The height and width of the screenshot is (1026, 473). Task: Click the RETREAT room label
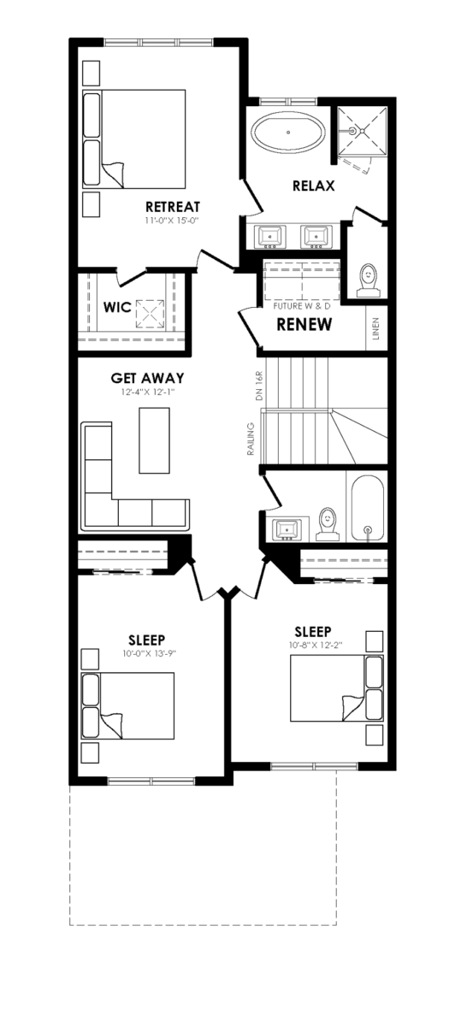pos(173,207)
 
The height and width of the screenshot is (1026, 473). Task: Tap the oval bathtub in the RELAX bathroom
pos(288,132)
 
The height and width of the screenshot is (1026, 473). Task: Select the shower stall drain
pos(362,131)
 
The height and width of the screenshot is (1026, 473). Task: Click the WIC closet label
pos(117,307)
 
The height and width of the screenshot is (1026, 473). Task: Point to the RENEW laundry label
pos(304,324)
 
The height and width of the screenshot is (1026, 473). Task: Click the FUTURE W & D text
pos(302,306)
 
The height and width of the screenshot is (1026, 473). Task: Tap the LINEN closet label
pos(376,329)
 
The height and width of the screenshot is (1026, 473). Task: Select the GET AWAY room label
pos(147,378)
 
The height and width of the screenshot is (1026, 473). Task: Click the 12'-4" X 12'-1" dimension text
pos(149,392)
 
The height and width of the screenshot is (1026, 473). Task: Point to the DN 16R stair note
pos(260,387)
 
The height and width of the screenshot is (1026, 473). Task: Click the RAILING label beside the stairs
pos(251,439)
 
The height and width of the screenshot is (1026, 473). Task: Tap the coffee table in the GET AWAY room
pos(155,440)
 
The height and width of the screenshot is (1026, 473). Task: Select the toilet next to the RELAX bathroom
pos(368,279)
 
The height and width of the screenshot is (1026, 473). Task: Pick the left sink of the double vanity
pos(272,237)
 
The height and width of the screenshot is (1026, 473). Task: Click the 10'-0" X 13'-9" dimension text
pos(150,653)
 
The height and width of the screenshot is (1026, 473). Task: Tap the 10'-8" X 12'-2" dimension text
pos(316,646)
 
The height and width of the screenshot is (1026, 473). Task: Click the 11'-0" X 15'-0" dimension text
pos(171,221)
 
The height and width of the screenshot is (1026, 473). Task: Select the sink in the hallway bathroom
pos(287,529)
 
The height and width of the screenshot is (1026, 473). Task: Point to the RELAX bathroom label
pos(314,186)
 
